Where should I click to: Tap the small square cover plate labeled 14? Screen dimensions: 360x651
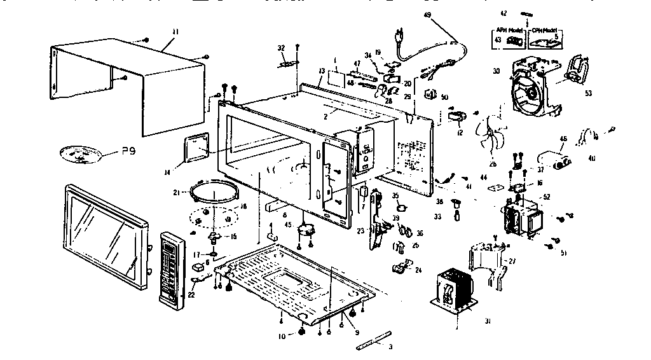(x=196, y=149)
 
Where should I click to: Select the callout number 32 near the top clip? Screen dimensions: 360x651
(x=282, y=48)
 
